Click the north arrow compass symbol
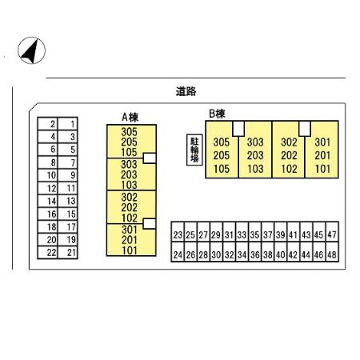coord(31,50)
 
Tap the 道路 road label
coord(186,91)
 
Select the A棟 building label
coord(130,118)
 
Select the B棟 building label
coord(217,114)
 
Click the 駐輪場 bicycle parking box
coord(194,150)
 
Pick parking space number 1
coord(68,124)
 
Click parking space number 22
coord(48,252)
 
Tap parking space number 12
coord(48,188)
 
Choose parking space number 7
coord(68,162)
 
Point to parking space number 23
coord(178,234)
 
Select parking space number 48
coord(332,254)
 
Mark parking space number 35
coord(254,234)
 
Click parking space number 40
coord(281,254)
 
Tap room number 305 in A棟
coord(129,132)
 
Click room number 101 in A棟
coord(130,250)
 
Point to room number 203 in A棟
coord(129,174)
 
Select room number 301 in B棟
coord(322,142)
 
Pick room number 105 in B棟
coord(222,169)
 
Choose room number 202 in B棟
coord(289,155)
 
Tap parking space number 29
coord(216,234)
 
